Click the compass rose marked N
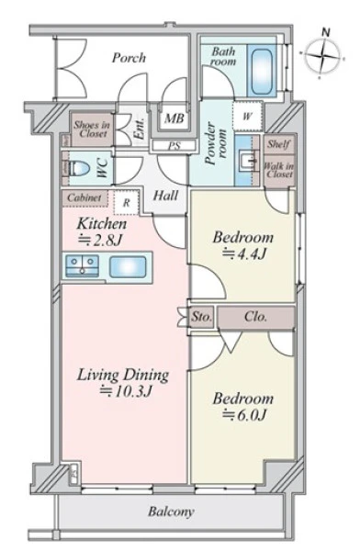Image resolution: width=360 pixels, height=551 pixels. click(322, 55)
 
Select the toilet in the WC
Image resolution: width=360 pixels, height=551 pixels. click(79, 168)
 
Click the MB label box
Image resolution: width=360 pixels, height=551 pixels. click(174, 118)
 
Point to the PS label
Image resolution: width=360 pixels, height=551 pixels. click(174, 145)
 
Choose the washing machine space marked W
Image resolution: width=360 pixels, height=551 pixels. click(247, 116)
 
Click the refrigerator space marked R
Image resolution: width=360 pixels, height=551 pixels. click(127, 202)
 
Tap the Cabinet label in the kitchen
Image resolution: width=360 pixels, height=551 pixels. click(84, 197)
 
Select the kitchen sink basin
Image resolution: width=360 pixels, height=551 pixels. click(128, 266)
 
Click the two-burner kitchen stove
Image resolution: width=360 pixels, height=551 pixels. click(83, 266)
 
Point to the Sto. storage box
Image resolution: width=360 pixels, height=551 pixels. click(202, 317)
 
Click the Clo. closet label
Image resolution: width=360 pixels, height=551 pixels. click(255, 317)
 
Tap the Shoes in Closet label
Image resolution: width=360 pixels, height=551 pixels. click(92, 129)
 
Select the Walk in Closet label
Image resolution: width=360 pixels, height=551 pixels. click(279, 170)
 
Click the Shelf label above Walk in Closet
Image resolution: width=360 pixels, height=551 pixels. click(279, 144)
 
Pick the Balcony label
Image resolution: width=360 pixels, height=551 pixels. click(171, 512)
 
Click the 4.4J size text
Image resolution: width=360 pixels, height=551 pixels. click(244, 253)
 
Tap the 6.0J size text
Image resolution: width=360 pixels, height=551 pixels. click(244, 415)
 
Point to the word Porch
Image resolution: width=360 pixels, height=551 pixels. click(129, 58)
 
